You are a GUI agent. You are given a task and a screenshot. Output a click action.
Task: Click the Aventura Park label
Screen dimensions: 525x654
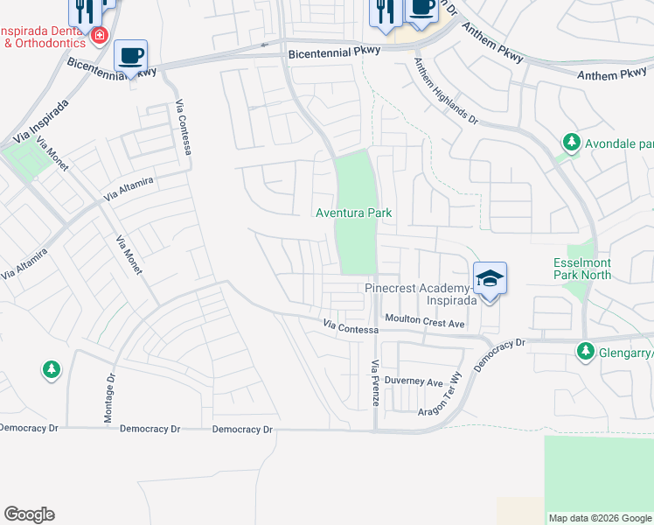tap(353, 213)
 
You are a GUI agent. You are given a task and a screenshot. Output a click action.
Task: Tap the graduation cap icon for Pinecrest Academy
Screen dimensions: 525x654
tap(491, 279)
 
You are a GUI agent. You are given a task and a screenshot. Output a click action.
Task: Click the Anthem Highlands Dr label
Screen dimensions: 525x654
tap(446, 91)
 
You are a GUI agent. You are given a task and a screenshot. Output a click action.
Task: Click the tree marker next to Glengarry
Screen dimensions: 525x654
tap(584, 352)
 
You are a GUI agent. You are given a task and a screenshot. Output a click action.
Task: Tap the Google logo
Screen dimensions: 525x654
tap(29, 514)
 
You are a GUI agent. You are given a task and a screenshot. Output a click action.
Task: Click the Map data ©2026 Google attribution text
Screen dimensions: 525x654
tap(599, 518)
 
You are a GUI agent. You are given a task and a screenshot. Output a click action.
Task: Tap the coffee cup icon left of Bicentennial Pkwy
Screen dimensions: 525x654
tap(131, 57)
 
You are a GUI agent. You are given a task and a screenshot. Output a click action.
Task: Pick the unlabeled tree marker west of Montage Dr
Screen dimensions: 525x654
tap(52, 370)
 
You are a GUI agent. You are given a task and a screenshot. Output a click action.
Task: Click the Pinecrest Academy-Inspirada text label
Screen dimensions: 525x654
tap(420, 294)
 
